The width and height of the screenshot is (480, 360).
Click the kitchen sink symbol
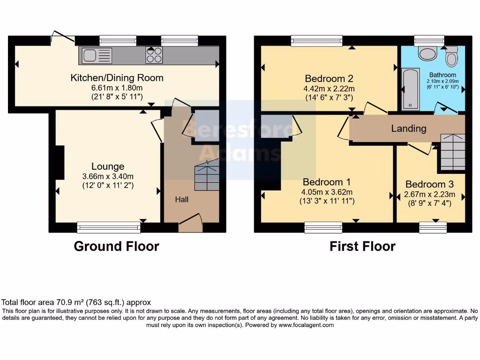coord(97,56)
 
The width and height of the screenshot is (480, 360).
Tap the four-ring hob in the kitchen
coord(154,55)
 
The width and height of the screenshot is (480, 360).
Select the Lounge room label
coord(108,166)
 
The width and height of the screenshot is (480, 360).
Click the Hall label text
coord(182,200)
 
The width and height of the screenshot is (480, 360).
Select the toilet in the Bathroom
coord(452,59)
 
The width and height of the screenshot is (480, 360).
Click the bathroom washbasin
coord(427,54)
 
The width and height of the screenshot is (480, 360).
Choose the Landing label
coord(409,128)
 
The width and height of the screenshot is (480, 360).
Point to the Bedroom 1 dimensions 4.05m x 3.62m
coord(327,192)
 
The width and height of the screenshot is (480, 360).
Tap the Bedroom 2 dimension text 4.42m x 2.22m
coord(329,88)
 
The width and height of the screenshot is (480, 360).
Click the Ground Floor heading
coord(116,246)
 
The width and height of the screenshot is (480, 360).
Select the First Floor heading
coord(362,246)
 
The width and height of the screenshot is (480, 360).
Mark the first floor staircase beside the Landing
coord(452,152)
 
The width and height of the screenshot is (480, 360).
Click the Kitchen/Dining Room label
coord(117,78)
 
